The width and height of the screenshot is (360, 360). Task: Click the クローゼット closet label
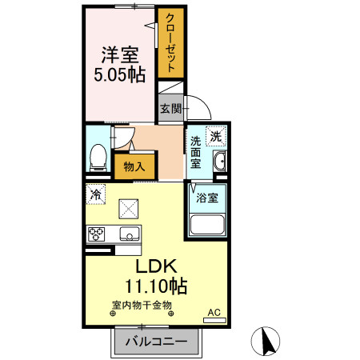tap(170, 43)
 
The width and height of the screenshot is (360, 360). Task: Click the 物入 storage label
tap(134, 166)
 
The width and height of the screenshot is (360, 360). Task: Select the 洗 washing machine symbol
tap(215, 137)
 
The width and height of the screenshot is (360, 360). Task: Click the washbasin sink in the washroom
tap(220, 166)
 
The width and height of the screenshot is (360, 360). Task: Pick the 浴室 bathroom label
tap(207, 196)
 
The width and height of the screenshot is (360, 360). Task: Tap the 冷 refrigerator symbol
tap(96, 194)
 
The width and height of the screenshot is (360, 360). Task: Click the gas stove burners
tap(98, 234)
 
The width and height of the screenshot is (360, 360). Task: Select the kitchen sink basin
tap(128, 234)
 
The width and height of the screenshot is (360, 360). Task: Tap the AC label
tap(214, 312)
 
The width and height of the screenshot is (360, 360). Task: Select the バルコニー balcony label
tap(157, 342)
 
